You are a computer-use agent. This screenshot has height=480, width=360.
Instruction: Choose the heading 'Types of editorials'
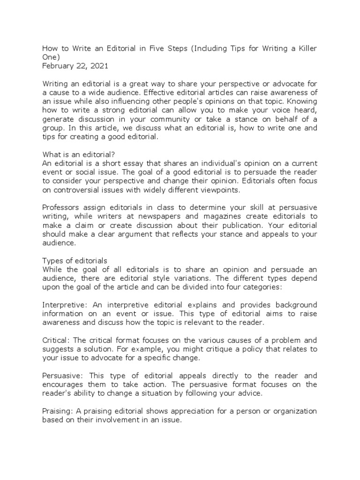pyautogui.click(x=75, y=260)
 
